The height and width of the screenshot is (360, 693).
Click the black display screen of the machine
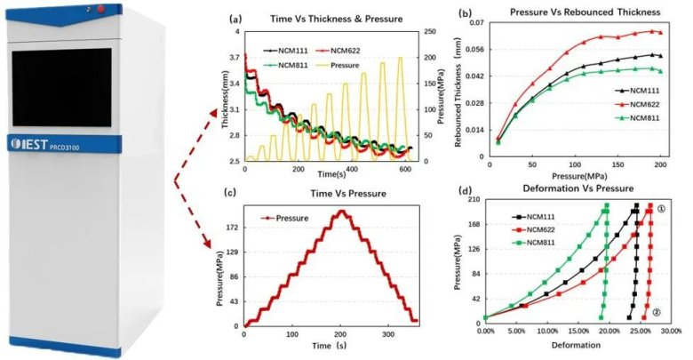click(x=61, y=86)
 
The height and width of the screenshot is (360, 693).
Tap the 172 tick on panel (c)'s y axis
click(x=231, y=229)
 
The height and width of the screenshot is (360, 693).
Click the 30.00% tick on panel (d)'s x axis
click(x=672, y=330)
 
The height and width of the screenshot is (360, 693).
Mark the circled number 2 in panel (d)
click(x=655, y=313)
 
